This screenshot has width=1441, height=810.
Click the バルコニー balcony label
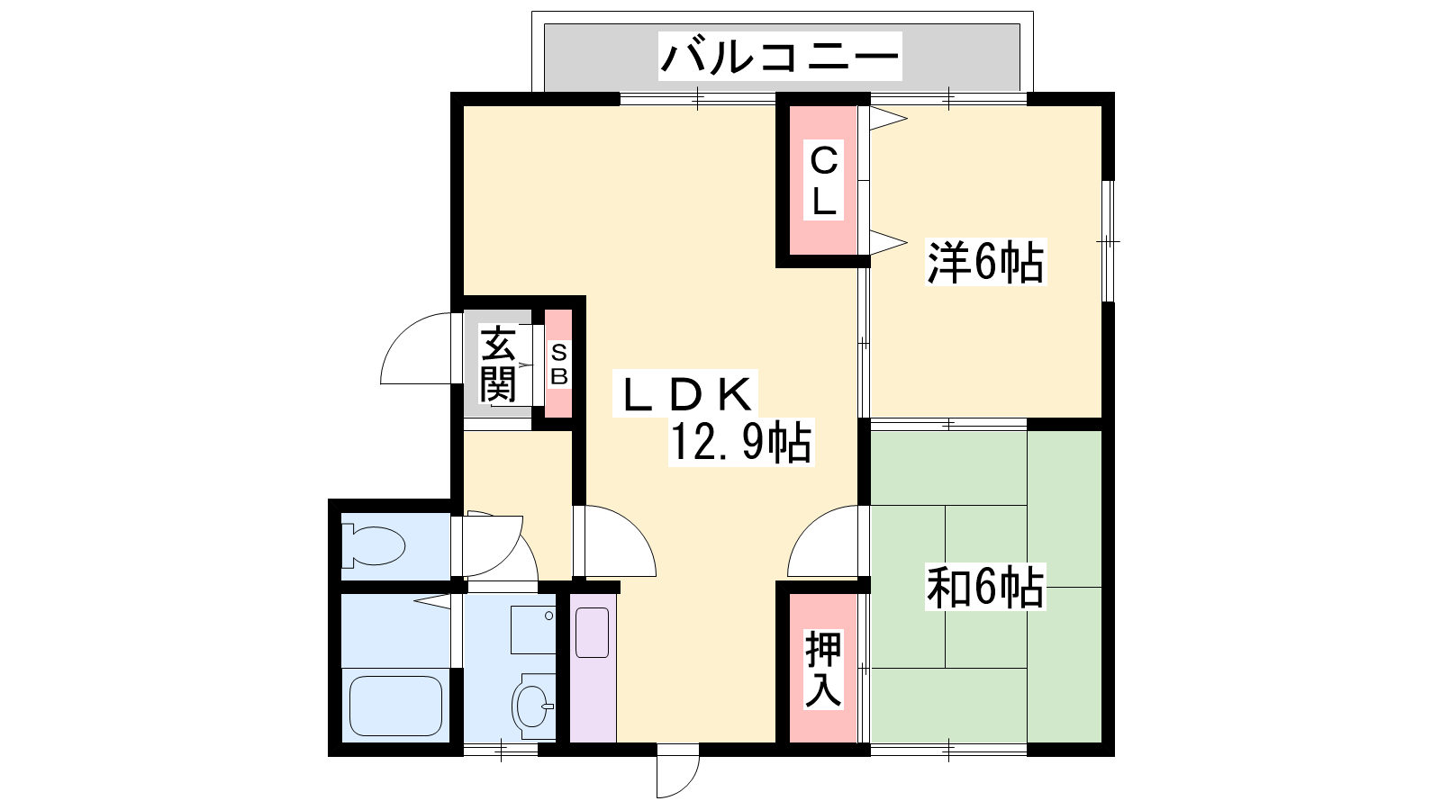[779, 57]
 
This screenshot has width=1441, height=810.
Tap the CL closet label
[823, 181]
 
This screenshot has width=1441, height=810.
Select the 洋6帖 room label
[985, 262]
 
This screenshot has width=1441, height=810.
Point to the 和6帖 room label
[985, 586]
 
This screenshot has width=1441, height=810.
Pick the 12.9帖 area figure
[741, 442]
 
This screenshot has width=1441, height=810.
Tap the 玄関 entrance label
[498, 364]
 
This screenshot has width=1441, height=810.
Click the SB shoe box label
[559, 364]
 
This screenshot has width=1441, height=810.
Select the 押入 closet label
[823, 670]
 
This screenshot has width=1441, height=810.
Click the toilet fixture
[374, 545]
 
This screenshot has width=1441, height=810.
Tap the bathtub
[395, 706]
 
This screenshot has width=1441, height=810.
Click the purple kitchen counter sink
[593, 633]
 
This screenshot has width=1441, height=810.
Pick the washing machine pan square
[533, 629]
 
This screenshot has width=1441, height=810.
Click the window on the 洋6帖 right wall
[1108, 241]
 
